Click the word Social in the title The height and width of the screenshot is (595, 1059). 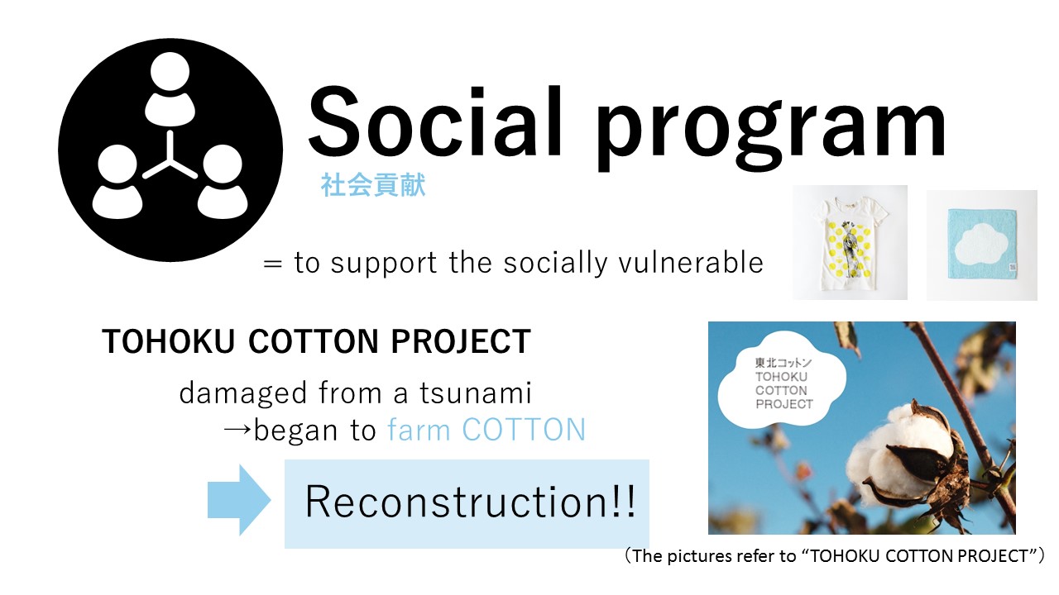click(x=435, y=121)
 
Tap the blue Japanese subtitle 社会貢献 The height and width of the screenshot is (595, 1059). click(x=373, y=184)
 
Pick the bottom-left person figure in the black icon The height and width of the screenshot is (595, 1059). click(x=117, y=182)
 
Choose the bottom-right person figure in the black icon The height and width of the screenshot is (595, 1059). click(x=223, y=182)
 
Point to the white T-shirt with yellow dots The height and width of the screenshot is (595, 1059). click(x=850, y=243)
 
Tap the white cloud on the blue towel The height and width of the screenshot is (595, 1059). click(x=982, y=244)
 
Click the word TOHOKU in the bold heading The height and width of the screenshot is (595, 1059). click(x=168, y=341)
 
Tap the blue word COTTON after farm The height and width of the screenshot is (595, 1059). click(x=524, y=430)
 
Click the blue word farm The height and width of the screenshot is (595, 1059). click(x=419, y=430)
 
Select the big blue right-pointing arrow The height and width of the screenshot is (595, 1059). click(x=239, y=500)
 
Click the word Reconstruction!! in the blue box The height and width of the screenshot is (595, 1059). click(x=471, y=502)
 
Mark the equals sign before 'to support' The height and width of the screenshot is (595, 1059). click(x=273, y=264)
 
